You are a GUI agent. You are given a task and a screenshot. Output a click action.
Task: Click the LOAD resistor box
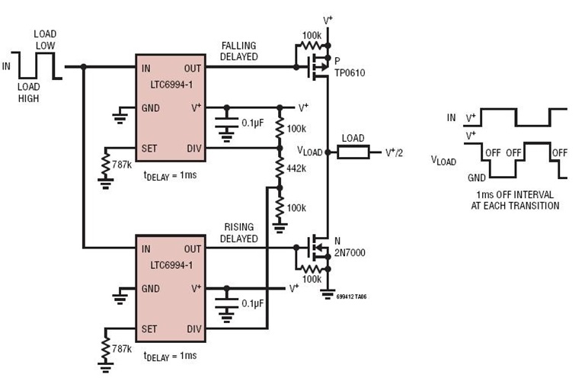pos(353,152)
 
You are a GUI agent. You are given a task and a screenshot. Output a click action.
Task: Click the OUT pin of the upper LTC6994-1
pos(193,68)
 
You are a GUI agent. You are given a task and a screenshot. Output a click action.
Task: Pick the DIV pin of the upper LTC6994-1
pos(193,148)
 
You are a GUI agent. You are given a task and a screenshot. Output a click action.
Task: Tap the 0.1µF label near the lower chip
pos(252,303)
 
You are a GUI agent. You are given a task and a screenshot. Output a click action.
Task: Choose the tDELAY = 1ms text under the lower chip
pos(169,356)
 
